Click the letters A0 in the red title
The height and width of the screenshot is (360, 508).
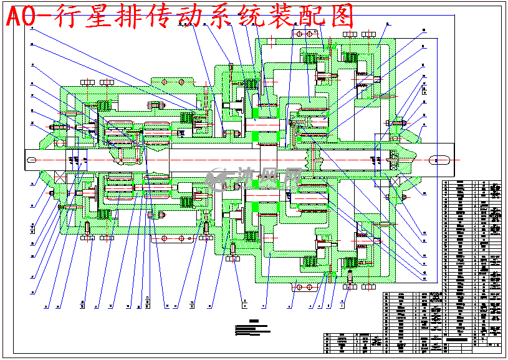[x=25, y=17]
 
